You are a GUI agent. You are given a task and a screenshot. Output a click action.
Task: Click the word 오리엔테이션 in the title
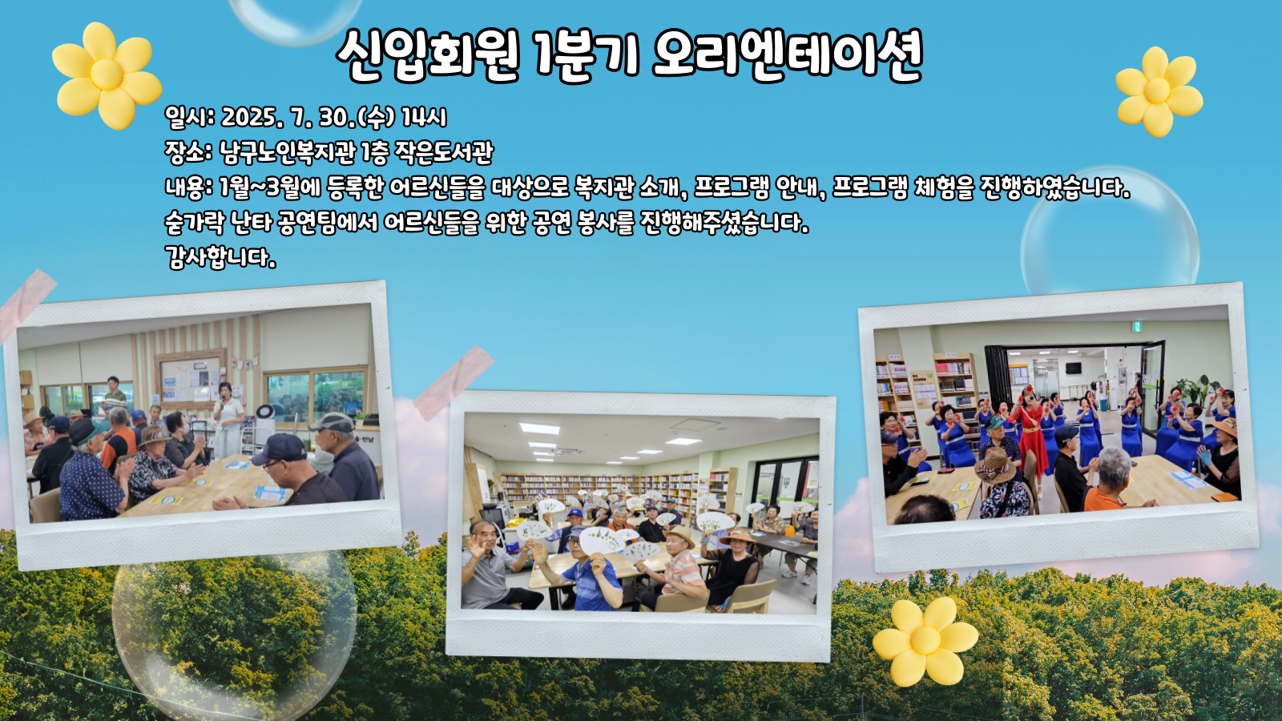(x=787, y=55)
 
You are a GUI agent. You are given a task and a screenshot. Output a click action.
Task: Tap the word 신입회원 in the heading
(x=426, y=55)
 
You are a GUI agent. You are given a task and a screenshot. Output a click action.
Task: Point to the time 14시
(x=424, y=117)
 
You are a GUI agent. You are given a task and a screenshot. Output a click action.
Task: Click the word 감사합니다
(x=220, y=257)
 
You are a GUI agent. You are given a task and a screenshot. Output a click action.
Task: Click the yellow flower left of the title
(x=107, y=75)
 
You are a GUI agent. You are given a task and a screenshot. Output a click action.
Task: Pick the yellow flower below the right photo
(x=925, y=641)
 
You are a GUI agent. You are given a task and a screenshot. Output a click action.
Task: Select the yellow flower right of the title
(x=1159, y=91)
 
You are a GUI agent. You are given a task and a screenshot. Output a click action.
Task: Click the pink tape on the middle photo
(x=454, y=381)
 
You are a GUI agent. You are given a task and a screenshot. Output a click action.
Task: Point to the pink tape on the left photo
(x=27, y=304)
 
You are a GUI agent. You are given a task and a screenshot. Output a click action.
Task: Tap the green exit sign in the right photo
(x=1138, y=327)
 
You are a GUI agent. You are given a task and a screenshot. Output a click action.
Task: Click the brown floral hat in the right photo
(x=997, y=465)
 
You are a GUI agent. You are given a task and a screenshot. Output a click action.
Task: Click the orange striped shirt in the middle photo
(x=682, y=572)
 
